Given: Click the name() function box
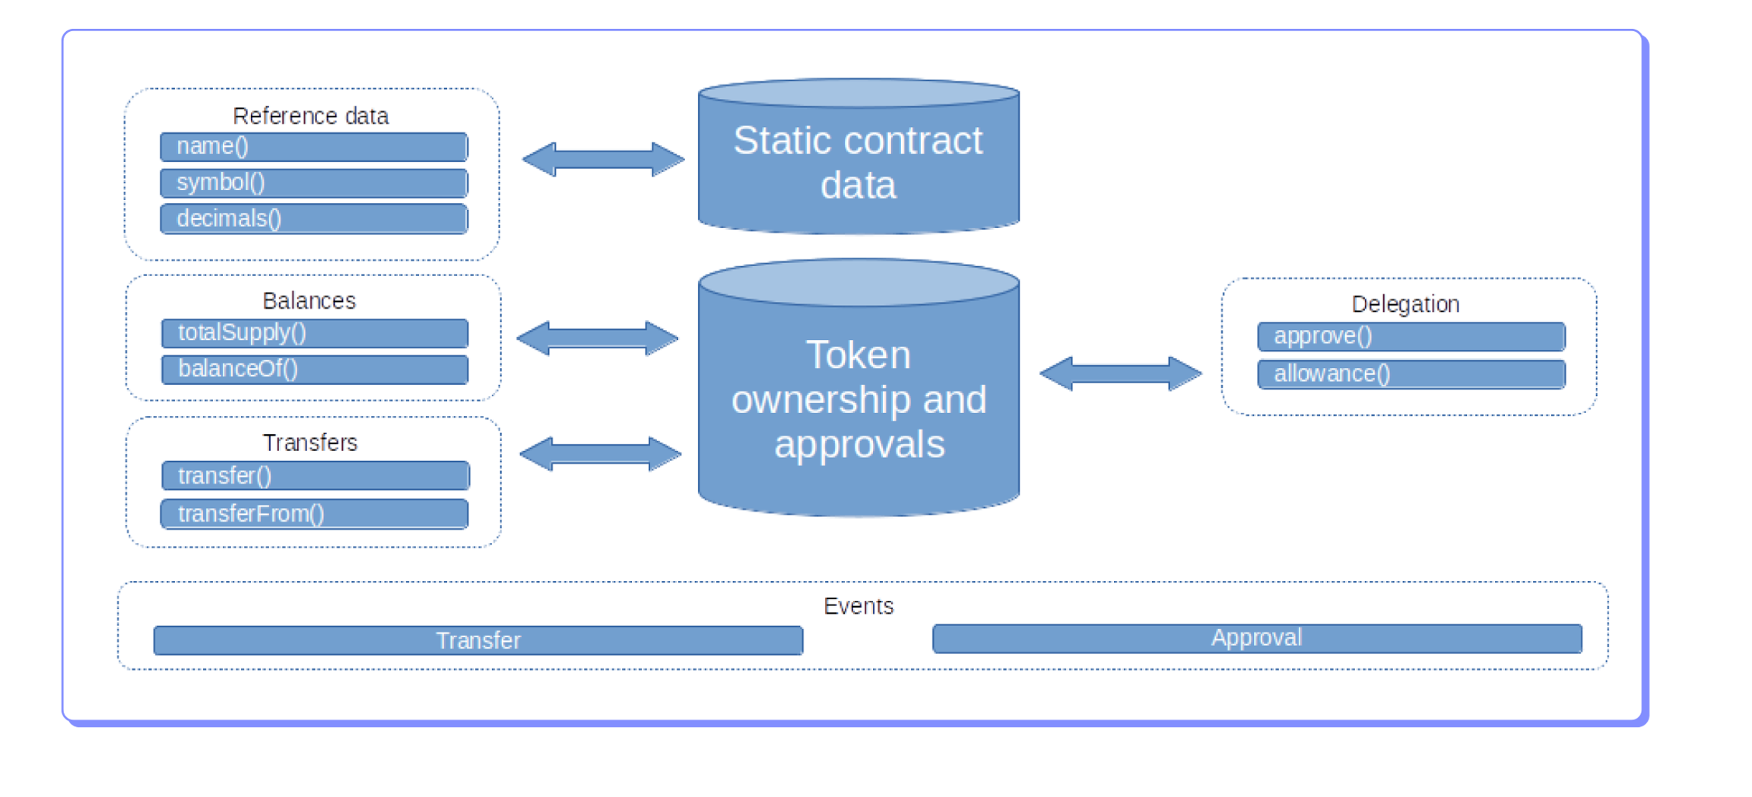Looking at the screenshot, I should tap(313, 147).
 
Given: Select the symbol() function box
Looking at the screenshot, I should tap(313, 183).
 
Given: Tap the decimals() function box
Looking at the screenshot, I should tap(313, 219).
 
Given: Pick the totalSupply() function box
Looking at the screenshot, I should tap(315, 333).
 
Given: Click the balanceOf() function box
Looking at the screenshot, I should tap(315, 370).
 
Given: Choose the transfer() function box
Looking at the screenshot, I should tap(316, 476).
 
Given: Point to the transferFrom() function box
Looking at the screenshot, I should tap(314, 514).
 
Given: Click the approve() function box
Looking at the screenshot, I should tap(1411, 336).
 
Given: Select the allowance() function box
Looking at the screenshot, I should tap(1411, 374).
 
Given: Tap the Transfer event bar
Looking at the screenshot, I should tap(478, 640).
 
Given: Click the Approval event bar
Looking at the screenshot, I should tap(1257, 639).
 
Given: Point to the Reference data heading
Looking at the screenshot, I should tap(310, 116).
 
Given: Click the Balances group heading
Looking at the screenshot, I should tap(309, 301).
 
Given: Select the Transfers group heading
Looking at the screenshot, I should tap(309, 443).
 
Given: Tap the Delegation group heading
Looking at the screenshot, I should tap(1405, 304).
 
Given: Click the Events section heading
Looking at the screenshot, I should tap(859, 606).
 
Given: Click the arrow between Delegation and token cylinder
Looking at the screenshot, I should tap(1120, 373).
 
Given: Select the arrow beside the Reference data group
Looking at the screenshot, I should tap(603, 160).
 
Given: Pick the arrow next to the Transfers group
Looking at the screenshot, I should tap(600, 454).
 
